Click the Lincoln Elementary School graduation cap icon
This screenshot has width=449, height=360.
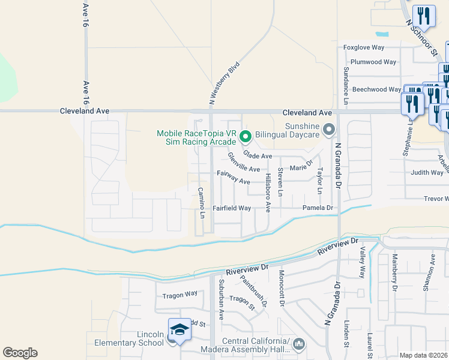(x=179, y=330)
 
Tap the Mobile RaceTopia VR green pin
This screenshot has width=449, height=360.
(x=245, y=137)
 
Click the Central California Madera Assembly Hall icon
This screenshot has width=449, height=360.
(x=299, y=344)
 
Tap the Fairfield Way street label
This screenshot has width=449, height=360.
(x=232, y=208)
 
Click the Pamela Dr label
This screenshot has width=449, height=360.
(x=318, y=208)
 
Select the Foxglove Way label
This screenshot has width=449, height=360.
(x=363, y=47)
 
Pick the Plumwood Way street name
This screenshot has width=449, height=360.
(x=373, y=62)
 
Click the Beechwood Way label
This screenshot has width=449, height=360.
(x=376, y=89)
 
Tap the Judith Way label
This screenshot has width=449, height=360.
(x=427, y=173)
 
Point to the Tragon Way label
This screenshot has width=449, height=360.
(x=180, y=294)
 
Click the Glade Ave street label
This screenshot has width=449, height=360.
(x=258, y=156)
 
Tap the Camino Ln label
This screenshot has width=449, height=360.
(x=202, y=203)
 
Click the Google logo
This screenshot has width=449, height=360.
(x=20, y=353)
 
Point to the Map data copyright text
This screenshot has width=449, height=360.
(x=423, y=355)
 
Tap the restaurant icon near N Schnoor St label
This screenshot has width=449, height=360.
(x=424, y=17)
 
